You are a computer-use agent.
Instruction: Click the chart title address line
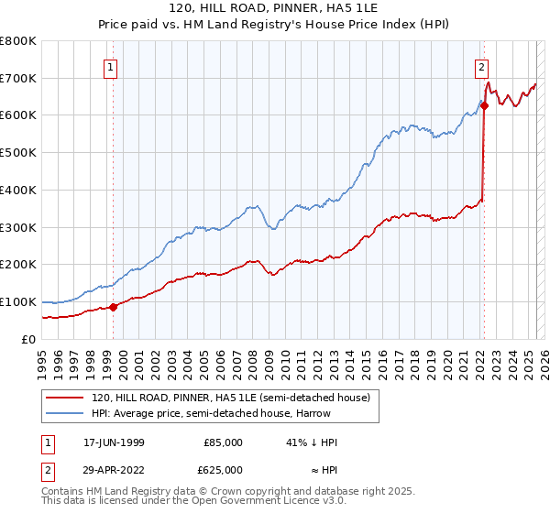tap(274, 9)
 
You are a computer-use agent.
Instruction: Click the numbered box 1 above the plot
tap(111, 66)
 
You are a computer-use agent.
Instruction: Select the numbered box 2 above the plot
tap(481, 66)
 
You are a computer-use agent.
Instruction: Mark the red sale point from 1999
tap(114, 307)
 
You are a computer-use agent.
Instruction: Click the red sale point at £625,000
tap(484, 106)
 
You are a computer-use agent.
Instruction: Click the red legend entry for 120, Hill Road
tap(229, 398)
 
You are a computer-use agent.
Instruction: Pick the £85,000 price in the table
tap(223, 442)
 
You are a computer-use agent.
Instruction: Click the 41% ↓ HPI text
tap(312, 442)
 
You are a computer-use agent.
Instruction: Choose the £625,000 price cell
tap(223, 470)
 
